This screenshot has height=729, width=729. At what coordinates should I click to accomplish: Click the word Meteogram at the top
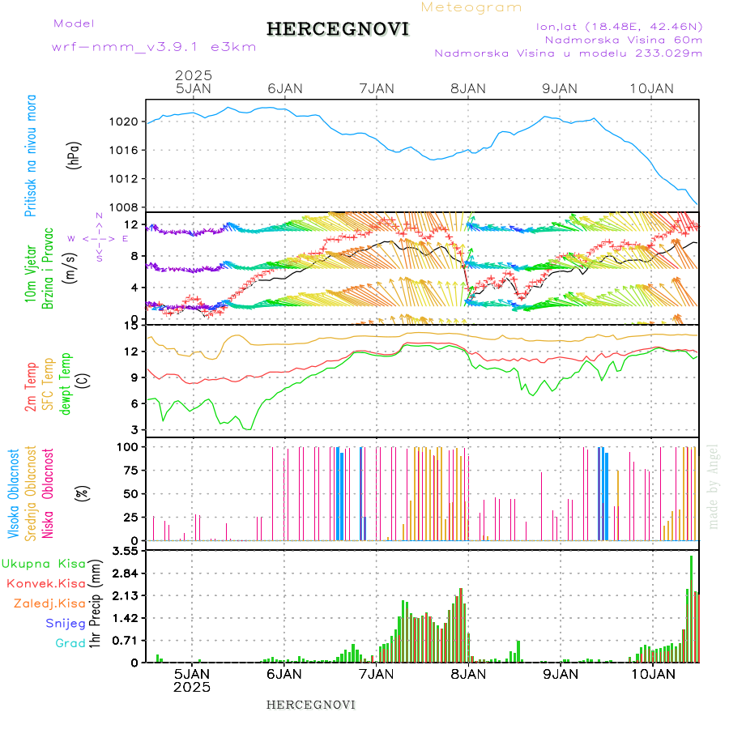click(x=472, y=7)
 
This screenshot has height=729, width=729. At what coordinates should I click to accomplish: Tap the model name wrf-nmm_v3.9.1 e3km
click(x=154, y=46)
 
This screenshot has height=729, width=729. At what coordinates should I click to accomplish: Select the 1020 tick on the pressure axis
click(x=125, y=122)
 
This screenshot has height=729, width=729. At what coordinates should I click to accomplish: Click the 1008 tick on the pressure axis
click(x=125, y=207)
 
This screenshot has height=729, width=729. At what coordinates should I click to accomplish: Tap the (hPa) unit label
click(x=75, y=155)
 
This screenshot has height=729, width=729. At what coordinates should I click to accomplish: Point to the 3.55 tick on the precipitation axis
click(x=124, y=551)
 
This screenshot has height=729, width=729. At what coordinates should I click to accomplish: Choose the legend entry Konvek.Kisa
click(x=45, y=583)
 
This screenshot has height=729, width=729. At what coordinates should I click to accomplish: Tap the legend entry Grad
click(x=70, y=643)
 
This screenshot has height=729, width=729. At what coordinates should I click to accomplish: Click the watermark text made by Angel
click(x=714, y=486)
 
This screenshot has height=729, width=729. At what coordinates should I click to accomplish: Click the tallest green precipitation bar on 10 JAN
click(x=691, y=607)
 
